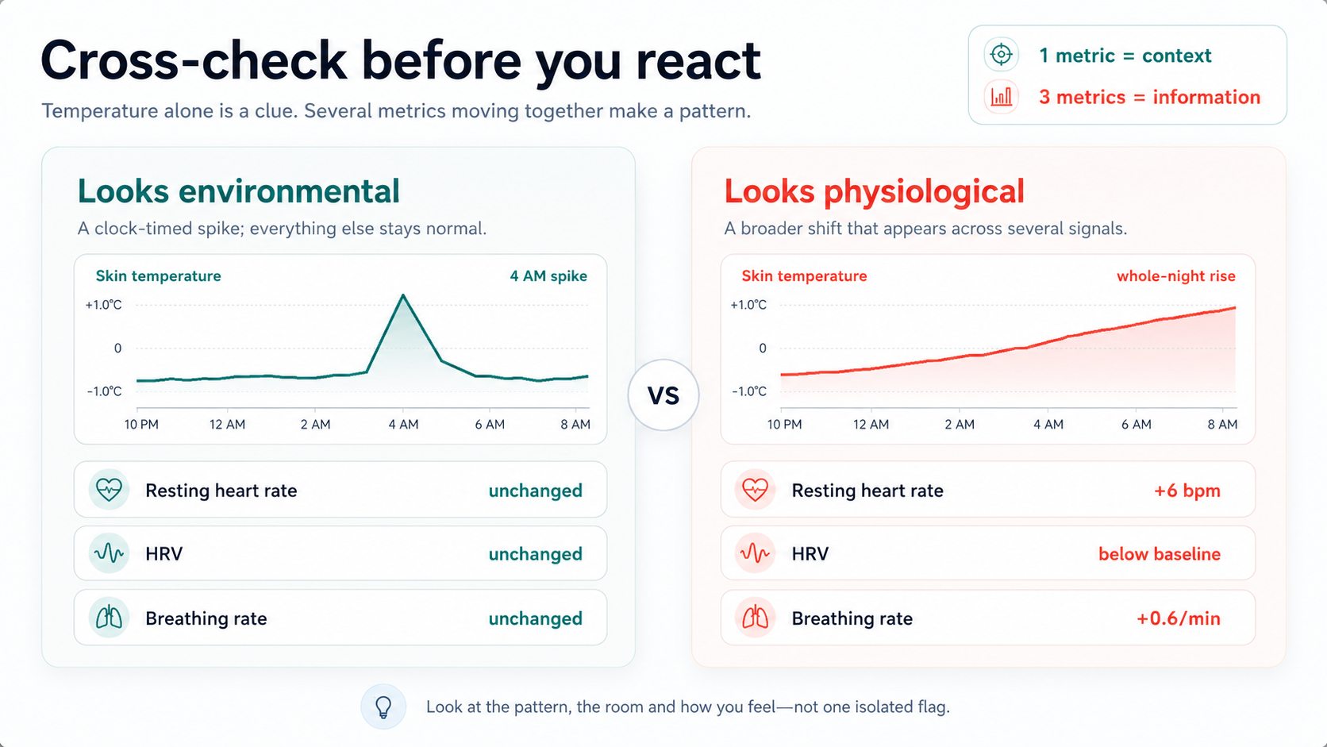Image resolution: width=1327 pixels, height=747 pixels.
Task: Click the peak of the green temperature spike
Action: click(x=403, y=295)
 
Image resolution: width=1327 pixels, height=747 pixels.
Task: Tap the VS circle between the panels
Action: click(x=663, y=395)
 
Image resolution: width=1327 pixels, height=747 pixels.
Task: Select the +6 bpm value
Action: click(x=1187, y=491)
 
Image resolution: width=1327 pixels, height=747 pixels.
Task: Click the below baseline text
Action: click(x=1160, y=554)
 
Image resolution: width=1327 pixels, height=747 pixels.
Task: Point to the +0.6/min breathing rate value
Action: click(x=1178, y=618)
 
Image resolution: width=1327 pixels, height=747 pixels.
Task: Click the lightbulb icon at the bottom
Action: click(x=383, y=707)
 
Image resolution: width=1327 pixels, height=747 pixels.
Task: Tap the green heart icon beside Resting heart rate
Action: click(x=109, y=489)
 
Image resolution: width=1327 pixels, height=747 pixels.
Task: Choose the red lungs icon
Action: click(x=756, y=618)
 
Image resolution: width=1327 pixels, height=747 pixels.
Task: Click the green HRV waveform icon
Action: click(x=109, y=553)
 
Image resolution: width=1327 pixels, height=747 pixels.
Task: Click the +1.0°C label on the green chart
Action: click(x=104, y=305)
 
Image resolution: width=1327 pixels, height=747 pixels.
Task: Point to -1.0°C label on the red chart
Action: click(x=748, y=391)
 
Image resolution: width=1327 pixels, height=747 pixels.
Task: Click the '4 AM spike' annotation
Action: click(x=548, y=276)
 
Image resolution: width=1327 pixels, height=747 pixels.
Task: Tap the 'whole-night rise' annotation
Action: click(x=1176, y=276)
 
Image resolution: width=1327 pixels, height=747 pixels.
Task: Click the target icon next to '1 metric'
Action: click(x=1001, y=55)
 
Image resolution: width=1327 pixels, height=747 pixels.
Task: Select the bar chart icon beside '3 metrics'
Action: click(x=1001, y=97)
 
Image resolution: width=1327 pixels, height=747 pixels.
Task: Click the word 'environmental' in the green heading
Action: click(x=289, y=191)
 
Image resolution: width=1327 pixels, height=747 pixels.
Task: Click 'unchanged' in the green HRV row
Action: click(x=536, y=554)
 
